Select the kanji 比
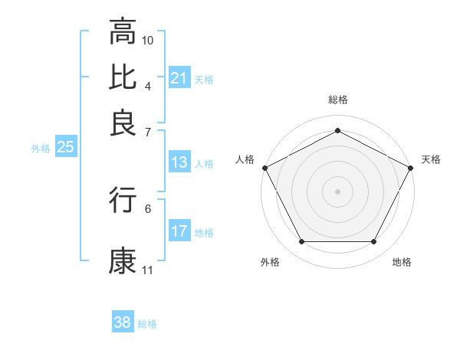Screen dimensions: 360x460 [123, 77]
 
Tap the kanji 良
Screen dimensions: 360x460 [123, 123]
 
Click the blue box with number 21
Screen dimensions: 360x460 [179, 78]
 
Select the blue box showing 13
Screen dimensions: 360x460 [179, 162]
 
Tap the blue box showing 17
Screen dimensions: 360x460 [179, 231]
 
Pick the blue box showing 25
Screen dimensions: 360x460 [65, 148]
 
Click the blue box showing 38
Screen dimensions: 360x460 [123, 322]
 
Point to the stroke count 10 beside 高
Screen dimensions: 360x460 [148, 39]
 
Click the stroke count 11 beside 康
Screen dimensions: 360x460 [147, 270]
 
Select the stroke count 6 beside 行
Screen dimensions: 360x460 [147, 208]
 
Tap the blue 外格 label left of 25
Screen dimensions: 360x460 [40, 149]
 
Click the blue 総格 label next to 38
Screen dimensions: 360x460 [147, 324]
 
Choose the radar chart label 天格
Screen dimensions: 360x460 [431, 159]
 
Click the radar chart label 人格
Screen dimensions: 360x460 [245, 159]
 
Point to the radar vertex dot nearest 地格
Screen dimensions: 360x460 [373, 242]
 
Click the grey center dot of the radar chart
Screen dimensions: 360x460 [337, 191]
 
